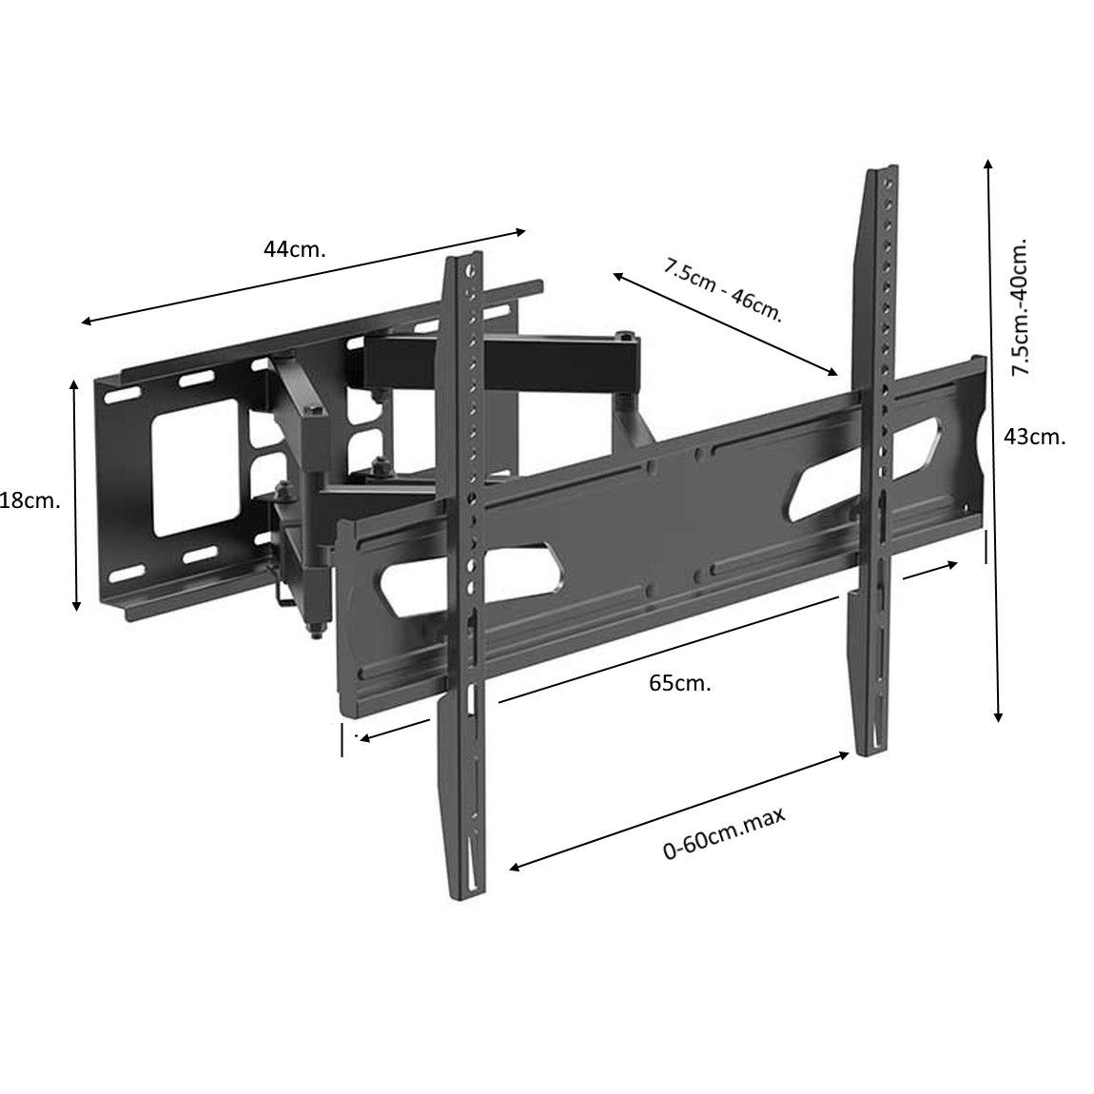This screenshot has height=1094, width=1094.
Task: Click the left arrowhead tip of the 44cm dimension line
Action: point(82,322)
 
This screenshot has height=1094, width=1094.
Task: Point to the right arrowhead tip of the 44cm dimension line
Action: point(525,231)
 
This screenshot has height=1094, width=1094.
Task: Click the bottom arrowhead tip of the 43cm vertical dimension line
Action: point(999,722)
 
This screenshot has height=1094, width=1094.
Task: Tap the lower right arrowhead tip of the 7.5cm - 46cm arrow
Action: point(838,375)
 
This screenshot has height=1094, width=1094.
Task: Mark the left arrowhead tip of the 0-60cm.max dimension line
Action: point(509,869)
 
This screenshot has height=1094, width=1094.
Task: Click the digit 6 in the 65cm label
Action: point(656,683)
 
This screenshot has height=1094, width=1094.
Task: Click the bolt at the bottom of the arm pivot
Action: point(316,632)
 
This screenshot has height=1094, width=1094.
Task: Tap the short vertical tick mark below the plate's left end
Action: point(342,739)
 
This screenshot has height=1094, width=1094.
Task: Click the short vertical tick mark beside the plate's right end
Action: point(986,546)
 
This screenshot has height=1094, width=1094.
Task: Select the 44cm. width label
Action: point(295,249)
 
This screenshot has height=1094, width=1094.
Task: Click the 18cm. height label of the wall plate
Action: point(29,501)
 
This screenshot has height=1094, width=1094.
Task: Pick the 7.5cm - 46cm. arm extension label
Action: point(723,290)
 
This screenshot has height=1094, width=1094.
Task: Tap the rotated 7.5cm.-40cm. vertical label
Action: point(1021,307)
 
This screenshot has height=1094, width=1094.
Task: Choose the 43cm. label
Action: point(1035,438)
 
